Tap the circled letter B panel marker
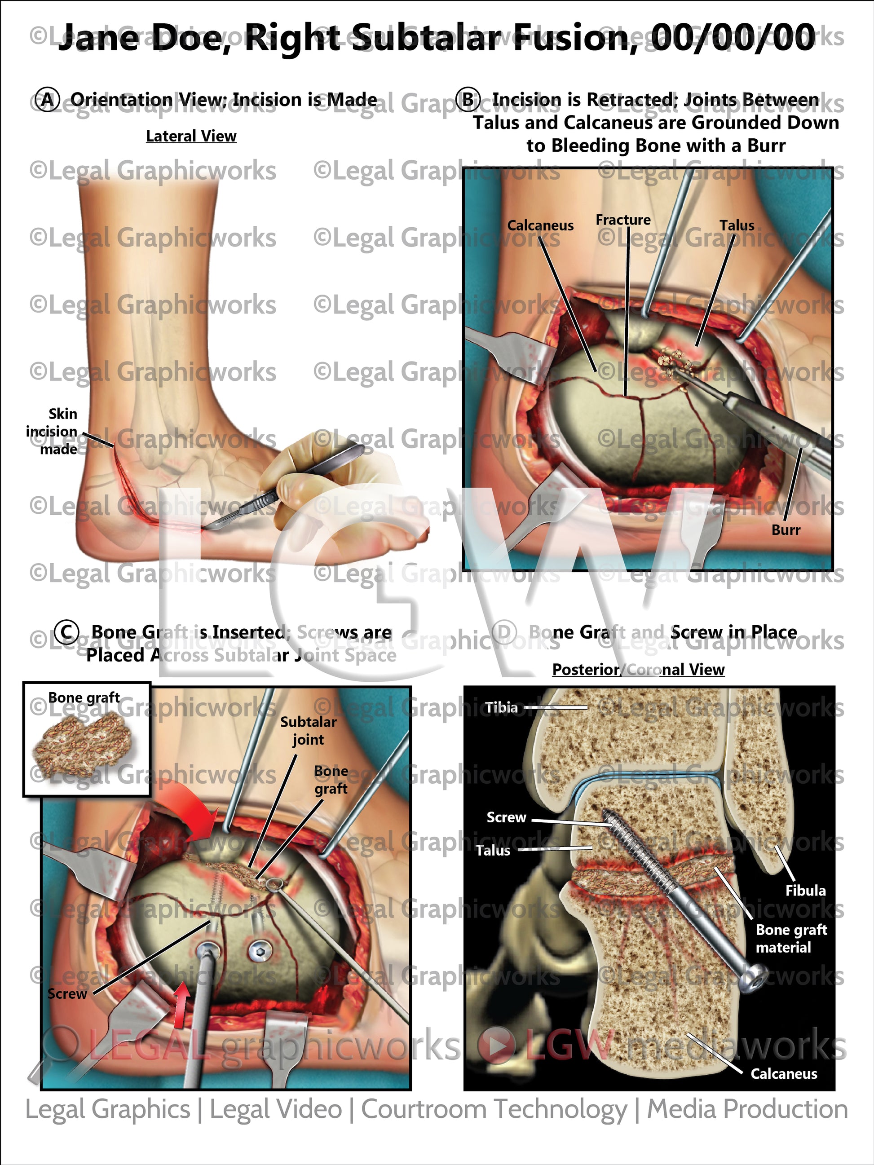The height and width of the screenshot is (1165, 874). [468, 100]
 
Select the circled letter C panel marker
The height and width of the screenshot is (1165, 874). [66, 632]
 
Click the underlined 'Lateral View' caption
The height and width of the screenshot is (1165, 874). [191, 137]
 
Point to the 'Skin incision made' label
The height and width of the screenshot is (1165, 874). [52, 431]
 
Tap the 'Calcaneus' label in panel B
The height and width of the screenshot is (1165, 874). [540, 225]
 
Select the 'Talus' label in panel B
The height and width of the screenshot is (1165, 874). [737, 225]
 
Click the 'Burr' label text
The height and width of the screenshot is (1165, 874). [786, 530]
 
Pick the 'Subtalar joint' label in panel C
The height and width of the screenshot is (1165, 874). [308, 731]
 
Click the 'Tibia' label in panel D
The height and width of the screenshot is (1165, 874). [501, 707]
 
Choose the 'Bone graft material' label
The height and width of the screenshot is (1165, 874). [791, 939]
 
